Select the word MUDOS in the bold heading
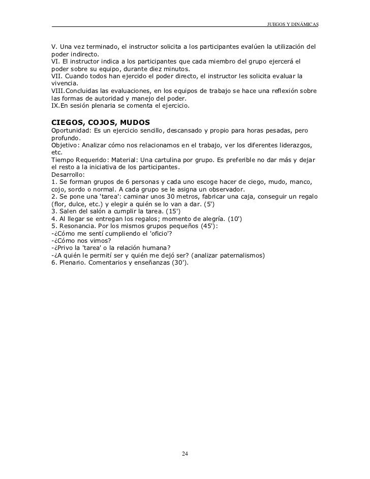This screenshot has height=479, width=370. point(133,123)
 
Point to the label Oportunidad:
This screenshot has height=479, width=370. point(73,131)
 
